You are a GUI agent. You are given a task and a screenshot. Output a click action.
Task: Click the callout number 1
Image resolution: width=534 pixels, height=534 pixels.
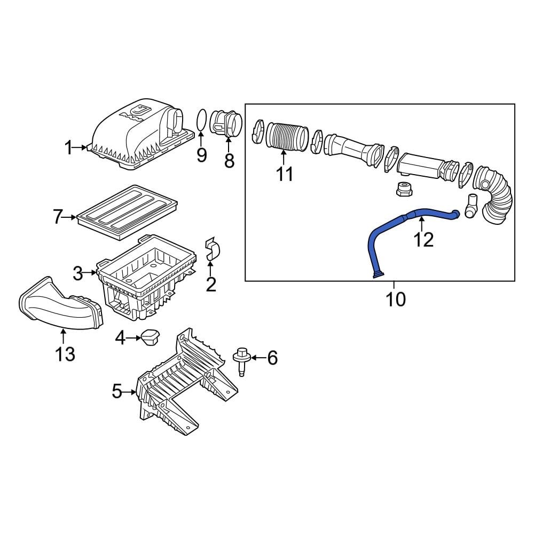tap(68, 147)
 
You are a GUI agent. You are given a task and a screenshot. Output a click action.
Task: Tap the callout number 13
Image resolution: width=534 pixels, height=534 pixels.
tap(65, 353)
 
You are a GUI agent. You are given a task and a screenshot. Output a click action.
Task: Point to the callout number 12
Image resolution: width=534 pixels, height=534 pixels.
tap(424, 240)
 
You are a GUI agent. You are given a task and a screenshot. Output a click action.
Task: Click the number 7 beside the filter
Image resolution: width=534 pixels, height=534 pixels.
tap(58, 217)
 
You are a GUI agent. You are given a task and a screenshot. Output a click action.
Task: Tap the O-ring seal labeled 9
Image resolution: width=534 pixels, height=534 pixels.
tap(201, 119)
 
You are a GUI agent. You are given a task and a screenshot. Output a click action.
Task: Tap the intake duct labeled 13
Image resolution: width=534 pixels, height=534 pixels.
tap(59, 307)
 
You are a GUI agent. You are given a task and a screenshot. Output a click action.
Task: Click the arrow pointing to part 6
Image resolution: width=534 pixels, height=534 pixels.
tap(257, 358)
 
